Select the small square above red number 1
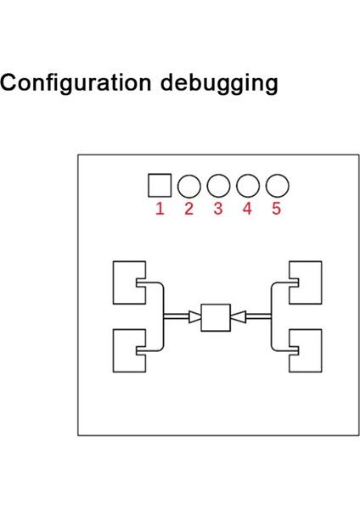(160, 185)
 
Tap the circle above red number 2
(189, 185)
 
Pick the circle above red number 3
(219, 185)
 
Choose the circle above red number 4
(248, 185)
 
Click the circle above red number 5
(278, 185)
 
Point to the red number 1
(160, 209)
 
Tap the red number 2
(189, 209)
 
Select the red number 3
(218, 209)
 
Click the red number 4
(247, 209)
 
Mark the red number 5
(277, 209)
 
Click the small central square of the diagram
(216, 317)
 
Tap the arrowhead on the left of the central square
(195, 317)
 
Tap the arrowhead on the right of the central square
(237, 317)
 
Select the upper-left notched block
(126, 282)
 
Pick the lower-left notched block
(126, 350)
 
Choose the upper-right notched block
(308, 282)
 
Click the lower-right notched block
(308, 350)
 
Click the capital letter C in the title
(11, 84)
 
